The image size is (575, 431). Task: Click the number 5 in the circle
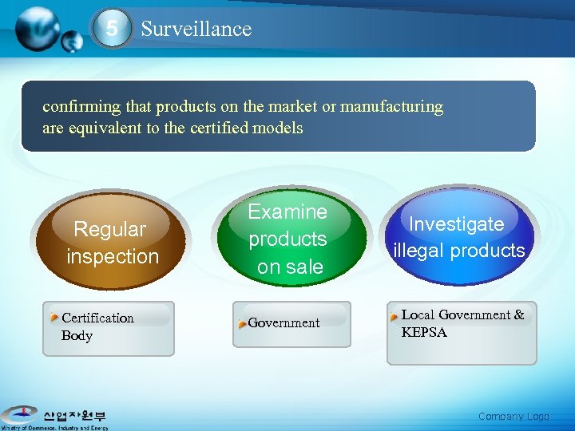pyautogui.click(x=112, y=30)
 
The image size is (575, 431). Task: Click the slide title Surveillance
pyautogui.click(x=196, y=30)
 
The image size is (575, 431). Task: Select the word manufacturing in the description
pyautogui.click(x=392, y=107)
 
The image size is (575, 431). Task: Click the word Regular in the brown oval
pyautogui.click(x=110, y=230)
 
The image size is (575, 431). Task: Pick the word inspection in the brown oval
pyautogui.click(x=113, y=257)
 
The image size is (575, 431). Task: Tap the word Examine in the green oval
pyautogui.click(x=287, y=212)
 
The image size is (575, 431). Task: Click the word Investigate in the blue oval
pyautogui.click(x=457, y=224)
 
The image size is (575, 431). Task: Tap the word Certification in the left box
pyautogui.click(x=97, y=318)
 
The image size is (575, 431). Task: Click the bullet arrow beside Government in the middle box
pyautogui.click(x=242, y=323)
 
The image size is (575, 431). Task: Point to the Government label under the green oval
pyautogui.click(x=284, y=323)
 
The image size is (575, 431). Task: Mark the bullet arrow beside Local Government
pyautogui.click(x=394, y=316)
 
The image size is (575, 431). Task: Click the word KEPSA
pyautogui.click(x=424, y=333)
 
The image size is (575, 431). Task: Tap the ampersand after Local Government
pyautogui.click(x=519, y=315)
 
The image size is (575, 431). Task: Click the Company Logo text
pyautogui.click(x=514, y=417)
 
